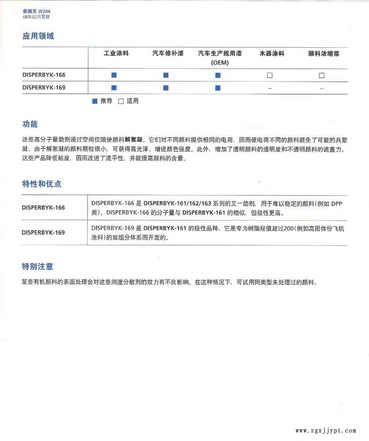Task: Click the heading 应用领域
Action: click(38, 36)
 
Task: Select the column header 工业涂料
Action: click(116, 53)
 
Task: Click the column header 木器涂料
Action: click(272, 53)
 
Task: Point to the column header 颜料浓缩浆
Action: click(324, 53)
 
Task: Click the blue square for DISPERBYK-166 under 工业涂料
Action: click(114, 75)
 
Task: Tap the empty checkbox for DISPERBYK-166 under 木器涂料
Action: click(270, 75)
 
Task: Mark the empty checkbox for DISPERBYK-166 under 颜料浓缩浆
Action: click(322, 75)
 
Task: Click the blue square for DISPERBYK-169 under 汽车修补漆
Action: click(166, 88)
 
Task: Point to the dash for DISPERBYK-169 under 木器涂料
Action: click(270, 88)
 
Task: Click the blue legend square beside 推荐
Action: click(95, 101)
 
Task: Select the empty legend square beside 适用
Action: click(121, 101)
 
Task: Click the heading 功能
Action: click(30, 125)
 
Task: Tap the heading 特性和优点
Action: click(42, 184)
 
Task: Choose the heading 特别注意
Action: click(37, 266)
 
